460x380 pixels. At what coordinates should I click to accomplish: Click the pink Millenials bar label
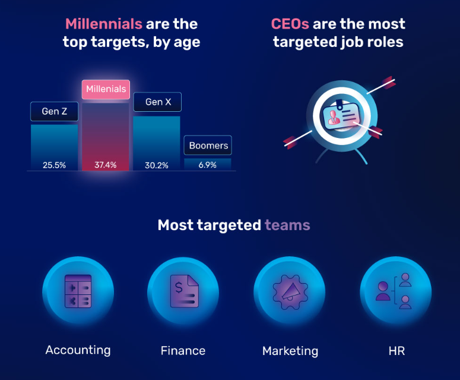106,89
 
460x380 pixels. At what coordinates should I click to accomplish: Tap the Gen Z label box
54,111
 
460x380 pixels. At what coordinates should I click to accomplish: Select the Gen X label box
157,102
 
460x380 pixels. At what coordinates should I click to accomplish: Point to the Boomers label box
208,145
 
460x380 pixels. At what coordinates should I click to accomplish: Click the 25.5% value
54,165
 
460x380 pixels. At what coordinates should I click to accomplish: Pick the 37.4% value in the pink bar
105,165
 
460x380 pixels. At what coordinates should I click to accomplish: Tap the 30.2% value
157,165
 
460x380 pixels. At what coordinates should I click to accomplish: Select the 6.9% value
207,165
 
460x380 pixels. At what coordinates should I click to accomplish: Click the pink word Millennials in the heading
104,24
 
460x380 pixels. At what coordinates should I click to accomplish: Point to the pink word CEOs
290,24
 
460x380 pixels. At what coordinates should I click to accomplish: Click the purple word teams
287,225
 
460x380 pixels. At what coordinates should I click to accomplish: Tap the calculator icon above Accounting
78,291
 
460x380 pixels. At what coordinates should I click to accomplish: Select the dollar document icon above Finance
184,291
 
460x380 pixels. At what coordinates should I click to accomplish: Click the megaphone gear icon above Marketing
290,292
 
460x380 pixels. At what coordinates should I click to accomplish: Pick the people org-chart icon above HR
394,291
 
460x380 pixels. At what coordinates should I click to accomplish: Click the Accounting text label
78,350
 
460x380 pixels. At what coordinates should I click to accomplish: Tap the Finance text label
183,351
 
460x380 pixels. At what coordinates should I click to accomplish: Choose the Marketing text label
290,351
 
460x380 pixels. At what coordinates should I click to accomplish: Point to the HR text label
396,351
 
